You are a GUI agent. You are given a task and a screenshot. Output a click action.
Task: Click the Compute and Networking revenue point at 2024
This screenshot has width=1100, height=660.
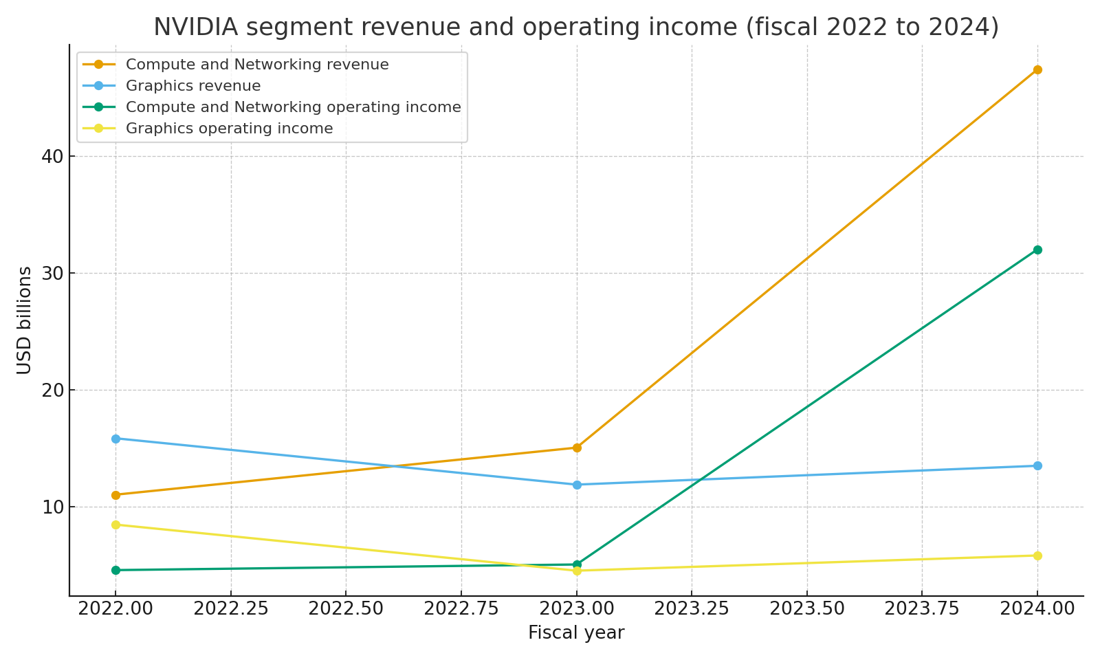(x=1037, y=69)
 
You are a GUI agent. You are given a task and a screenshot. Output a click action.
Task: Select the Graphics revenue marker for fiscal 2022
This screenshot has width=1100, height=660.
(x=115, y=439)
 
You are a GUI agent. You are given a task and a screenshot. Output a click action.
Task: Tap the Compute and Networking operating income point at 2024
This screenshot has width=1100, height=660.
(x=1037, y=250)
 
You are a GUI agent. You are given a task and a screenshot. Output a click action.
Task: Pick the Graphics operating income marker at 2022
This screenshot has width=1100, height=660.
(x=115, y=525)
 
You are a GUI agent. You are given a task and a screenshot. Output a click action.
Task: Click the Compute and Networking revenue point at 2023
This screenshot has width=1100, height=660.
(x=577, y=448)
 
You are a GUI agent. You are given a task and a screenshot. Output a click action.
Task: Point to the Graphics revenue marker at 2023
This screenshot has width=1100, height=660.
(x=577, y=485)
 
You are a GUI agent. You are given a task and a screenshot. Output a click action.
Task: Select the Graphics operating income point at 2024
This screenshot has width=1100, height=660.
(x=1037, y=555)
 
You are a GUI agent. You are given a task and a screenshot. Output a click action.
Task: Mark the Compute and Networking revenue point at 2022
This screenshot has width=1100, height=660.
(x=115, y=495)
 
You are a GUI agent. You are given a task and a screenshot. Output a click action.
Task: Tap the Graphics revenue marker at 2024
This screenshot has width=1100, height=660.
(x=1037, y=465)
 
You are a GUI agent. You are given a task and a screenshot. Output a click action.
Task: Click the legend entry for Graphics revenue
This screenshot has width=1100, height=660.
(x=193, y=87)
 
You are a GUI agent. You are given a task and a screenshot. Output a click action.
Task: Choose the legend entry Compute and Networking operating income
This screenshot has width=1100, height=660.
(x=293, y=107)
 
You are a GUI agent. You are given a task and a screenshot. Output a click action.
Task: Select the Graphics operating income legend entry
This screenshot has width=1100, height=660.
(x=229, y=129)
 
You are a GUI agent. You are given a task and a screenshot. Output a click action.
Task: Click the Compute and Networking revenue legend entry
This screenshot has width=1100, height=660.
(x=257, y=65)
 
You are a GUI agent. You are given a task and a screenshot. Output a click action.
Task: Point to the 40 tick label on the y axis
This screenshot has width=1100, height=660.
(x=52, y=157)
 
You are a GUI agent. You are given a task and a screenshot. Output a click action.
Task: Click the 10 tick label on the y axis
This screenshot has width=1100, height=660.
(x=52, y=507)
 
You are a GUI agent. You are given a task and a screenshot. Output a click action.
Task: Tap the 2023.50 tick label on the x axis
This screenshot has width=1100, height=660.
(x=806, y=609)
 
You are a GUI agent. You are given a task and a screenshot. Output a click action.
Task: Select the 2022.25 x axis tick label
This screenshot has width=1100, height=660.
(x=230, y=609)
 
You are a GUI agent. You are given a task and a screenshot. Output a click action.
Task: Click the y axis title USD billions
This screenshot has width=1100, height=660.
(x=25, y=320)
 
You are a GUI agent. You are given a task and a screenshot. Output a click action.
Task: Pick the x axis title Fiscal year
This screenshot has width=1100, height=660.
(x=576, y=633)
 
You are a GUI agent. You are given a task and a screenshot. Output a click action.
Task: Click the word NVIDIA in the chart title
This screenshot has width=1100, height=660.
(x=195, y=27)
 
